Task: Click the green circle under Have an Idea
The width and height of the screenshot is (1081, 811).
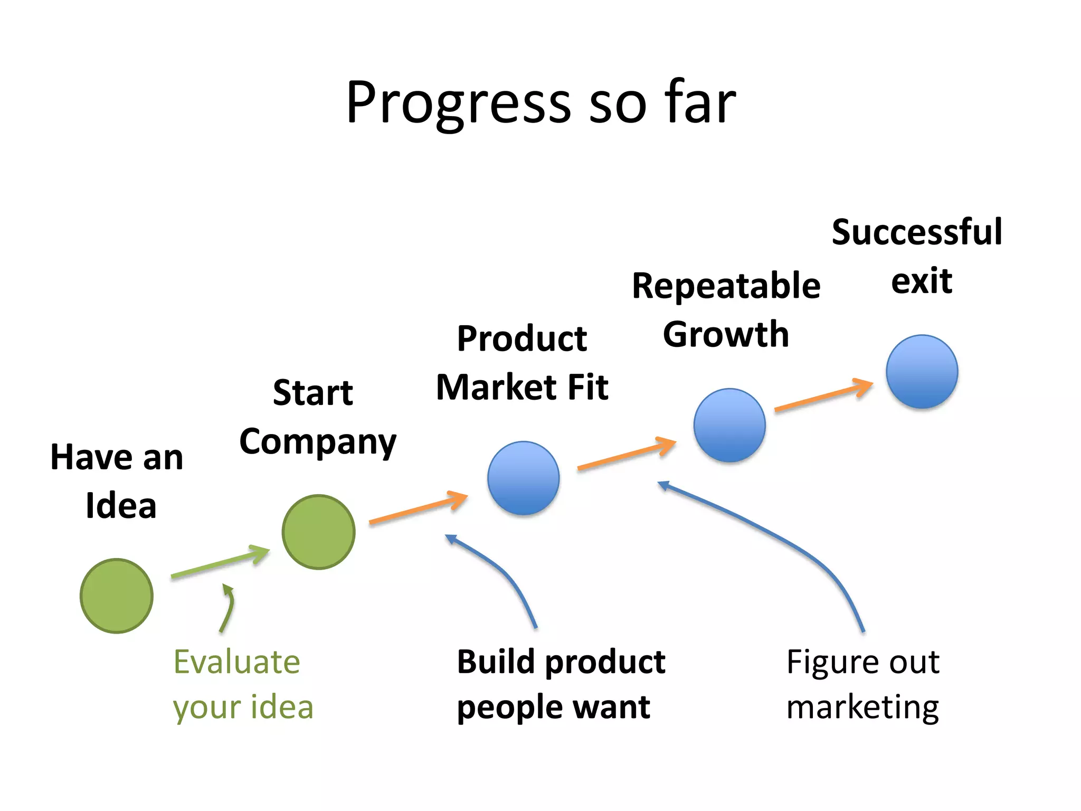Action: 117,596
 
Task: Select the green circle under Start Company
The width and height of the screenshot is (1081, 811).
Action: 318,532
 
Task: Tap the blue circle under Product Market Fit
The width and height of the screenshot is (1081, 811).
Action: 523,478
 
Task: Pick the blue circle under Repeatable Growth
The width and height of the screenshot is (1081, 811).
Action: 729,425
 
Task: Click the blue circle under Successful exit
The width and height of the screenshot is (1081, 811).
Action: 922,371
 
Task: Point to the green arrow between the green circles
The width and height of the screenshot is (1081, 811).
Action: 220,563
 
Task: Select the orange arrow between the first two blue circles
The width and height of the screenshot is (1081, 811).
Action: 626,455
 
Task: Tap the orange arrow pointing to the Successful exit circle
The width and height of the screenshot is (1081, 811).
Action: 823,396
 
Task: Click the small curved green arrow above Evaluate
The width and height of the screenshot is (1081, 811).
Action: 228,607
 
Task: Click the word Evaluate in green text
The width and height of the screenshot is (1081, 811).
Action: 236,662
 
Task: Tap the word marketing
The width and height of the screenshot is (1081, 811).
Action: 862,708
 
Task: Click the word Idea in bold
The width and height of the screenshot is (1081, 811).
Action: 121,506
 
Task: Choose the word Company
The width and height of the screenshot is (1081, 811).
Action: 317,442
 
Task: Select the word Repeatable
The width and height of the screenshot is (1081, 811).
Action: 726,287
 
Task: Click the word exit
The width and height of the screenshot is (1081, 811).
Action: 922,281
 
